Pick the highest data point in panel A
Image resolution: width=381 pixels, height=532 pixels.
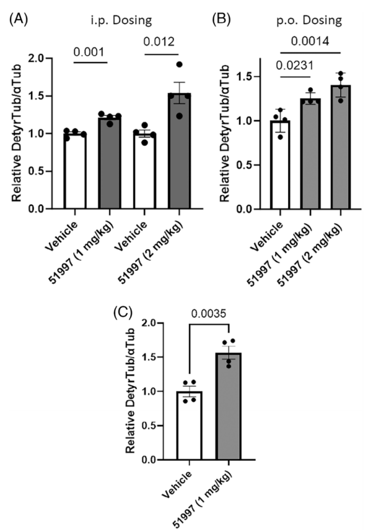click(179, 65)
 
